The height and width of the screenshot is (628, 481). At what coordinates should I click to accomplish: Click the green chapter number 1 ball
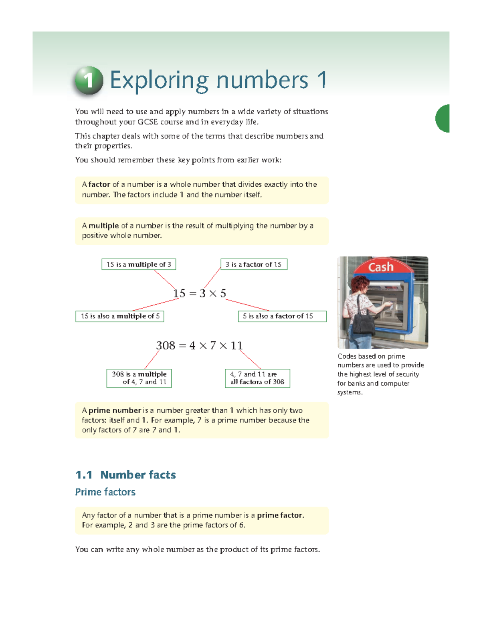89,81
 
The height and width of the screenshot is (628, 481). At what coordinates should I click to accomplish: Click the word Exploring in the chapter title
159,81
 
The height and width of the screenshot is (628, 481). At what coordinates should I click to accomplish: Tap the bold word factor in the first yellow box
99,184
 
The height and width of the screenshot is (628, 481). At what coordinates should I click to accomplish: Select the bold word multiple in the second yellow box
103,226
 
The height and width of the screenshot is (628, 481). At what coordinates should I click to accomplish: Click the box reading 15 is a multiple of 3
139,265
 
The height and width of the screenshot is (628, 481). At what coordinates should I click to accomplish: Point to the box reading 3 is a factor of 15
254,265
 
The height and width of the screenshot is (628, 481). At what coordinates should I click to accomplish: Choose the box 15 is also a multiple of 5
120,316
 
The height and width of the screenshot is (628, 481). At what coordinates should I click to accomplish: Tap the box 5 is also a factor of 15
282,316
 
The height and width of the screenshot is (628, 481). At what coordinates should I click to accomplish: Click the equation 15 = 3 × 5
200,293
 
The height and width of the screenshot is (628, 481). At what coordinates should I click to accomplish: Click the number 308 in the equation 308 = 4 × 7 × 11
166,345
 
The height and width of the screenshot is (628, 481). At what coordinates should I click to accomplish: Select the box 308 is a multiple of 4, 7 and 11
139,378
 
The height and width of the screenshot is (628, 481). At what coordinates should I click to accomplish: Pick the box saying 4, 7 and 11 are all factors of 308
257,378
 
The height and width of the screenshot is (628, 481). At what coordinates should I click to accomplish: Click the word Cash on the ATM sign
381,267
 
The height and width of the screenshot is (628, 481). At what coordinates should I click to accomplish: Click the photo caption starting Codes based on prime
380,374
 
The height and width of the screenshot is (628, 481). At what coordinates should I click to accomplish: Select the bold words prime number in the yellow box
115,410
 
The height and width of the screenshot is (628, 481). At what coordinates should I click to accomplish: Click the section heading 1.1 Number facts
125,475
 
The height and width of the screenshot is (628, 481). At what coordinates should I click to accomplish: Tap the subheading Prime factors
105,492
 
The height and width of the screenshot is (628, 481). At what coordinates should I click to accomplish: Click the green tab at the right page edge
443,118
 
